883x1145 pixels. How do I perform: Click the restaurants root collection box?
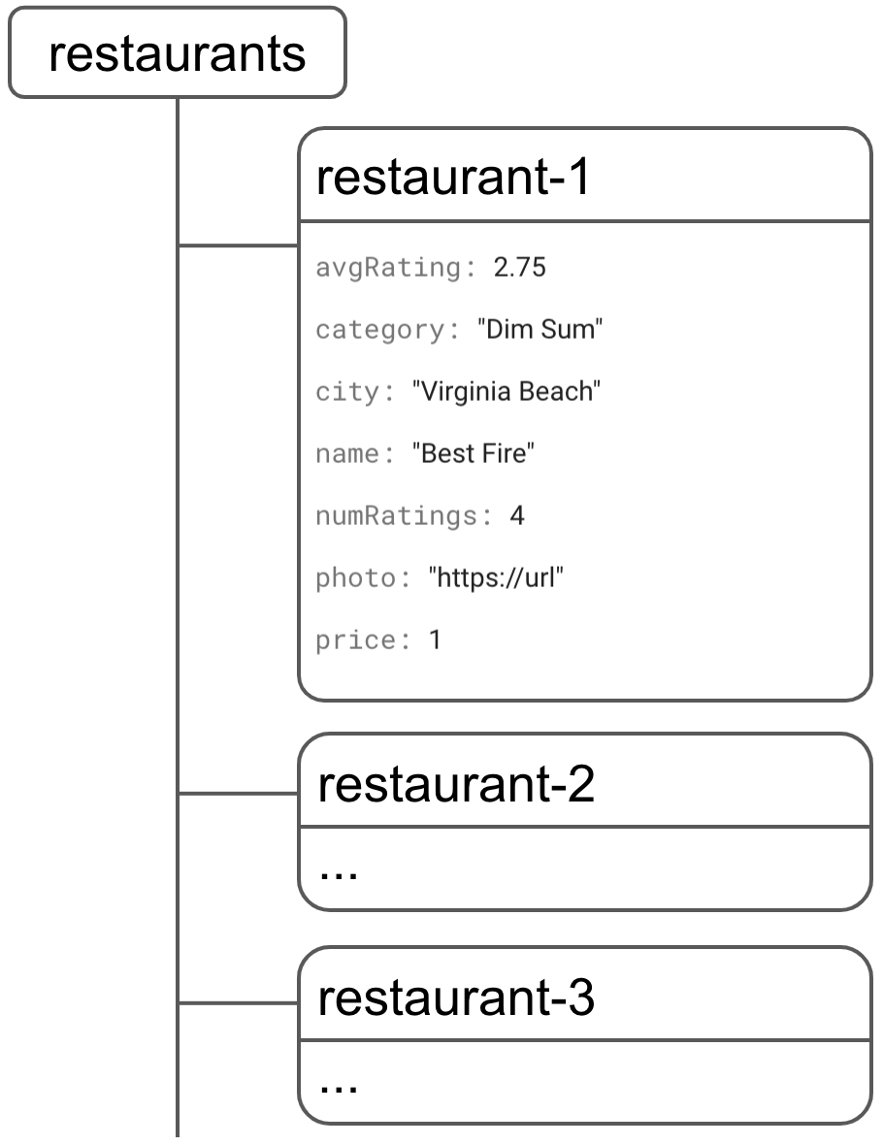coord(178,54)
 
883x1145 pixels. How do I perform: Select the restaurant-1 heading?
coord(453,179)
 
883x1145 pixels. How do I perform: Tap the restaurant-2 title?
coord(455,785)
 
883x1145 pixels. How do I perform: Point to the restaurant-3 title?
coord(455,998)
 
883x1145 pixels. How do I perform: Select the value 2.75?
coord(520,268)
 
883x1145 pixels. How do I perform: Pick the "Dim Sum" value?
coord(540,330)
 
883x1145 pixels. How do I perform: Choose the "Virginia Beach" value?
coord(507,392)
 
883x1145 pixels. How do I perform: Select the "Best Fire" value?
coord(474,454)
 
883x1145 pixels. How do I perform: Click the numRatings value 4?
coord(517,516)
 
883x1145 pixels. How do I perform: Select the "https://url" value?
coord(496,579)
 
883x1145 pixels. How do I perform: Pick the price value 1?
coord(435,641)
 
